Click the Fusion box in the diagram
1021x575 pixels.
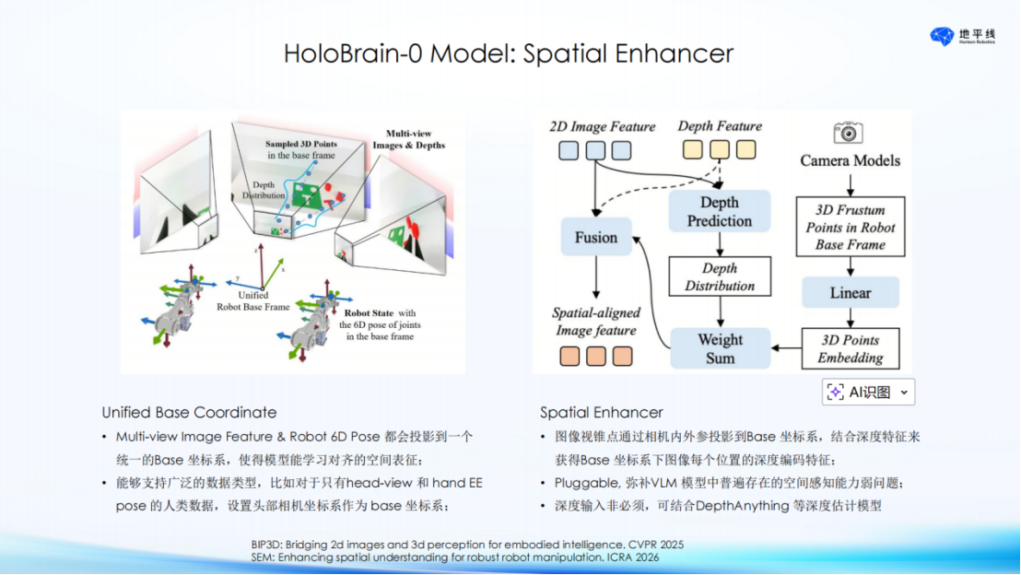click(596, 237)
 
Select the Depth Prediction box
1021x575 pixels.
click(720, 211)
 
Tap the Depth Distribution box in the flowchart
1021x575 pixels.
click(720, 276)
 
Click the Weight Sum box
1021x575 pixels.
click(721, 348)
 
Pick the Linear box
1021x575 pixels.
click(851, 292)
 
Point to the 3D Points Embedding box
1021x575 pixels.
click(851, 348)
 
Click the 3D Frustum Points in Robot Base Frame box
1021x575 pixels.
click(851, 227)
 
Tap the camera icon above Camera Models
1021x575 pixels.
click(849, 132)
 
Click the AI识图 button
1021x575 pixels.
click(869, 392)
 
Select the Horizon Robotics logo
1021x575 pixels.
click(962, 37)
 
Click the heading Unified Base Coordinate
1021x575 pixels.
click(189, 412)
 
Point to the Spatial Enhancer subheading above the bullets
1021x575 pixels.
click(601, 412)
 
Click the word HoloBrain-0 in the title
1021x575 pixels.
click(353, 53)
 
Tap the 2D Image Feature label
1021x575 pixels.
click(603, 126)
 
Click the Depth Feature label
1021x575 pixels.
click(720, 125)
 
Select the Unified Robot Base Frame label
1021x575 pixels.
click(253, 300)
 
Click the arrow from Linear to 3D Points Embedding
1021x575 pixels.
click(851, 318)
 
